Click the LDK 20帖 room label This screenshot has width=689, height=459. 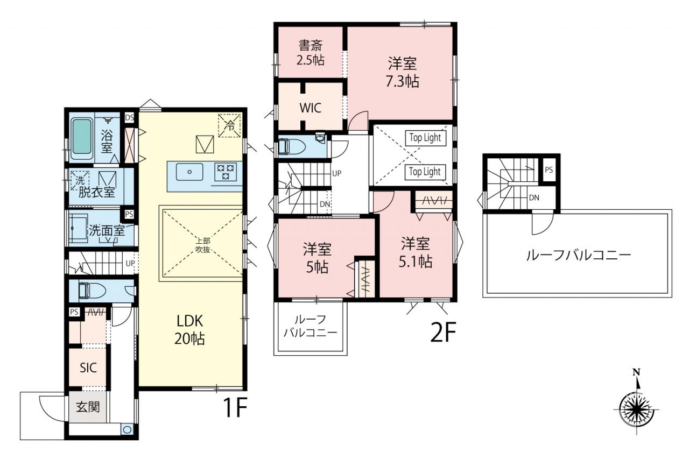tap(189, 330)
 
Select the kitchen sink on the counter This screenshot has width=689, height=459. tap(189, 172)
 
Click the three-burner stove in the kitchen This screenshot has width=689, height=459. tap(226, 172)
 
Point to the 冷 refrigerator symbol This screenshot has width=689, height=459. tap(229, 125)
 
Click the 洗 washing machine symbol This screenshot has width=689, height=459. tap(80, 180)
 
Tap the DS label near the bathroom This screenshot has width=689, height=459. tap(130, 117)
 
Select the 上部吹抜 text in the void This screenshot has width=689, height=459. tap(203, 245)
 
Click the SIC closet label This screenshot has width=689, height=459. tap(88, 368)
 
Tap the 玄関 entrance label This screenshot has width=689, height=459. tap(88, 407)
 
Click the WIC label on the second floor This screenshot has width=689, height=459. tap(311, 108)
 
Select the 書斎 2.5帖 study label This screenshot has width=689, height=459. tap(311, 53)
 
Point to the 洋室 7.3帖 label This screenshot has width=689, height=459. tap(402, 72)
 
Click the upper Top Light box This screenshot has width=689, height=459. tap(425, 138)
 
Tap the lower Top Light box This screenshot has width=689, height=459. tap(425, 172)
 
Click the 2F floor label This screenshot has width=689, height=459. tap(442, 333)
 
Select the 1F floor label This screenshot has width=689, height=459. tap(236, 407)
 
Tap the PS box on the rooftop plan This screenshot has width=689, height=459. tap(549, 170)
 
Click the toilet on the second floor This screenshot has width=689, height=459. tap(291, 147)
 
